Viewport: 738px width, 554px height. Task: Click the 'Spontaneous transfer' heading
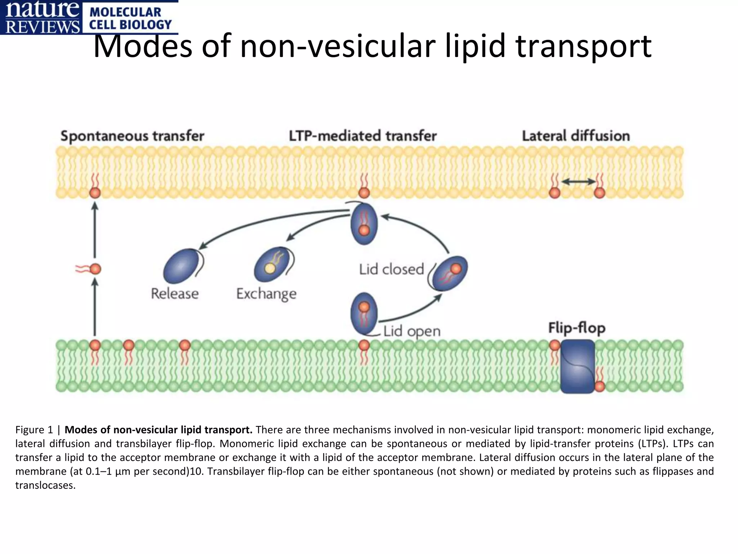tap(132, 136)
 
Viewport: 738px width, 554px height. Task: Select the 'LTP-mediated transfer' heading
tap(363, 136)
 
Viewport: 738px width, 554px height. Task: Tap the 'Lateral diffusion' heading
tap(576, 136)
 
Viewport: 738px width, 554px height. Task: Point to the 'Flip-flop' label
tap(577, 328)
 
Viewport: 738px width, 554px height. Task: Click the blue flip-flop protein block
tap(578, 367)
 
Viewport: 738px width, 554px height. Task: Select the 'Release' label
tap(175, 294)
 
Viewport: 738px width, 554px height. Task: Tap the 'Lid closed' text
tap(391, 270)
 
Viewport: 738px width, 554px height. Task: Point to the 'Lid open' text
tap(412, 331)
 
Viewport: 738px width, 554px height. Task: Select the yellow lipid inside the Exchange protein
tap(270, 268)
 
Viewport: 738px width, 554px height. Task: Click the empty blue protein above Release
tap(181, 266)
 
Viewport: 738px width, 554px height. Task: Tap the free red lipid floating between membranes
tap(95, 269)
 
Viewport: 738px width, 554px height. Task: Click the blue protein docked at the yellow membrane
tap(364, 223)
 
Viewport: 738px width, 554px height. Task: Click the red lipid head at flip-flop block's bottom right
tap(600, 387)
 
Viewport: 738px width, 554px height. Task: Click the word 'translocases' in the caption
tap(45, 486)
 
